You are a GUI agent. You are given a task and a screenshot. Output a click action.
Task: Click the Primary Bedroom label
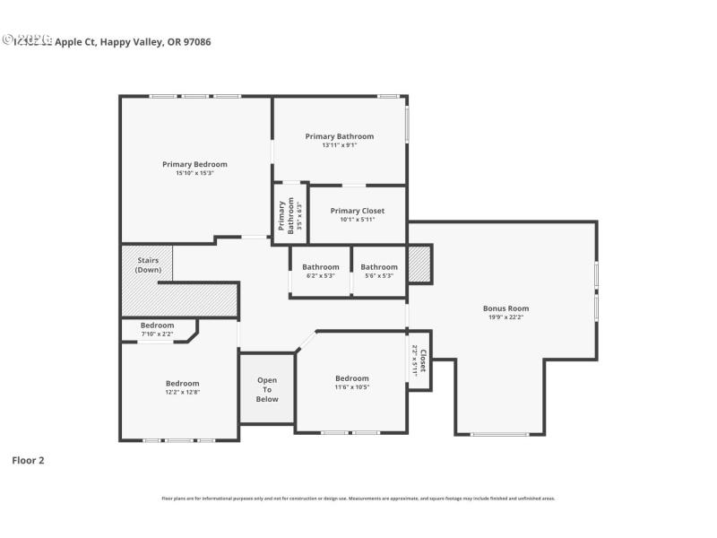[194, 164]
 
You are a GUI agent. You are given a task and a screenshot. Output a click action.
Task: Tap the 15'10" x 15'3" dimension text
[194, 173]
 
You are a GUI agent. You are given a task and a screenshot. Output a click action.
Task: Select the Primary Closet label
[358, 211]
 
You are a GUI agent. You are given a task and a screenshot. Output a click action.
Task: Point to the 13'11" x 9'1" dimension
[340, 145]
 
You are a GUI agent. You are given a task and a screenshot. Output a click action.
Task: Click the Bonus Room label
[508, 308]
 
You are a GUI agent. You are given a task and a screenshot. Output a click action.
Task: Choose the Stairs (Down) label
[147, 265]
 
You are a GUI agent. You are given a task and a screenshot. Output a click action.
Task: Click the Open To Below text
[267, 389]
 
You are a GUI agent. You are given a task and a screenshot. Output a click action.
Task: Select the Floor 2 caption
[28, 460]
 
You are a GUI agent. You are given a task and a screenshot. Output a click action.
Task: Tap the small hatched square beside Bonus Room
[419, 265]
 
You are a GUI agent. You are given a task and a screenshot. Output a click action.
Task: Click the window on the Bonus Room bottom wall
[499, 435]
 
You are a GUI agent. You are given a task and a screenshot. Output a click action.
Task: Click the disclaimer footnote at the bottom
[358, 499]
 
